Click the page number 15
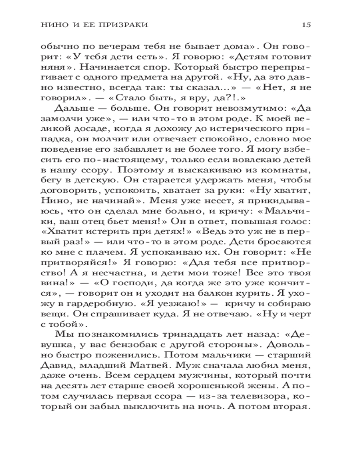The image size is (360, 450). tap(306, 24)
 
